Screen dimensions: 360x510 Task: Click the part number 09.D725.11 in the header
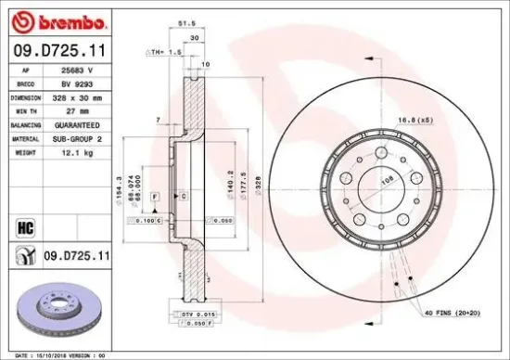57,52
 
